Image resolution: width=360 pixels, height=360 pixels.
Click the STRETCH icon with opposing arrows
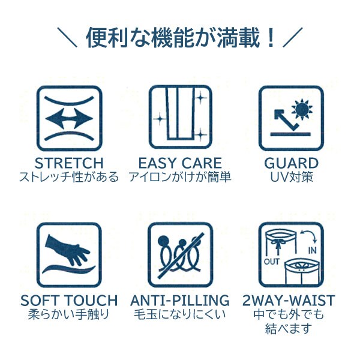(68, 119)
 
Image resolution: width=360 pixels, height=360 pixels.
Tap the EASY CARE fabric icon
(180, 119)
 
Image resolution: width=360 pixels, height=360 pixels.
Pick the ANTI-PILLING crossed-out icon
(179, 255)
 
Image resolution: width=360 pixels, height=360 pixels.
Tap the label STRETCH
(68, 163)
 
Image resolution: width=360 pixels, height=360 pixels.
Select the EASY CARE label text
(180, 163)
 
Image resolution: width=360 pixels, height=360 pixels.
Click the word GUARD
(291, 163)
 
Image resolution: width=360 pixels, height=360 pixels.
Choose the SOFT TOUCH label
(69, 300)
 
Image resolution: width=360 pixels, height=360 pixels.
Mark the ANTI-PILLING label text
(180, 300)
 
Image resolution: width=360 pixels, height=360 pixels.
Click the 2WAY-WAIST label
(291, 300)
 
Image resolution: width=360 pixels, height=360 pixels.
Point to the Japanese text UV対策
(291, 178)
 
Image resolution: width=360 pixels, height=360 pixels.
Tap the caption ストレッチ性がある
(68, 178)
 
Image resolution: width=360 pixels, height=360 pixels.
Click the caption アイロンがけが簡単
(180, 178)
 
